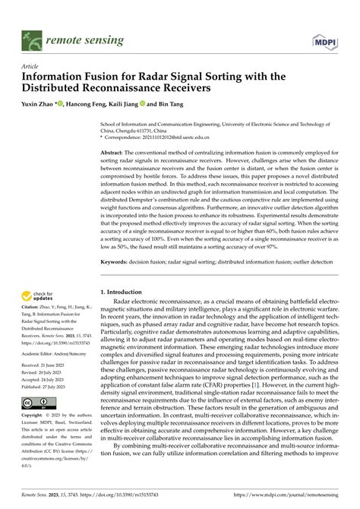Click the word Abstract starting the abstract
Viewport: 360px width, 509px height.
click(114, 131)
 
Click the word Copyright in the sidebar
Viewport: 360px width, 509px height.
click(34, 416)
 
